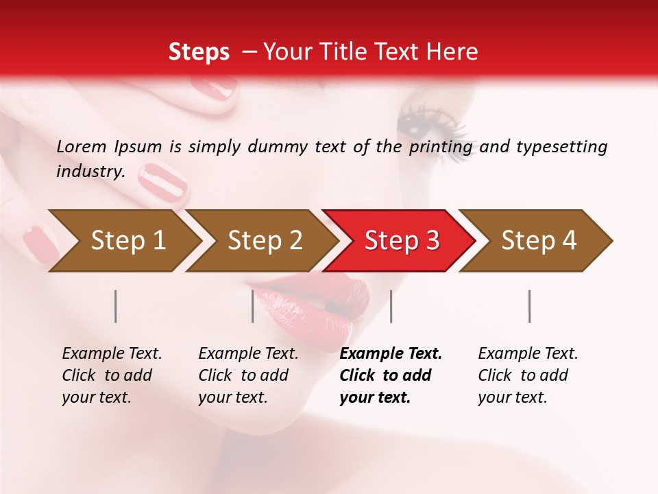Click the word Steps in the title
click(199, 52)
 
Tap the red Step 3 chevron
click(402, 240)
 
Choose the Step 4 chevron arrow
click(539, 240)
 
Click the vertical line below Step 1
click(116, 306)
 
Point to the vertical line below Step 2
click(253, 306)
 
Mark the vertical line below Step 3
click(391, 306)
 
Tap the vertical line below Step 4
click(530, 306)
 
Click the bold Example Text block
click(390, 375)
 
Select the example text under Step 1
click(112, 375)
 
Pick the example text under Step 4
click(528, 375)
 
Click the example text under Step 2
click(248, 375)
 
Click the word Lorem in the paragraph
click(82, 146)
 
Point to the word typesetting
click(561, 147)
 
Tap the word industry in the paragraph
click(90, 171)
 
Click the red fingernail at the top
click(213, 88)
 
